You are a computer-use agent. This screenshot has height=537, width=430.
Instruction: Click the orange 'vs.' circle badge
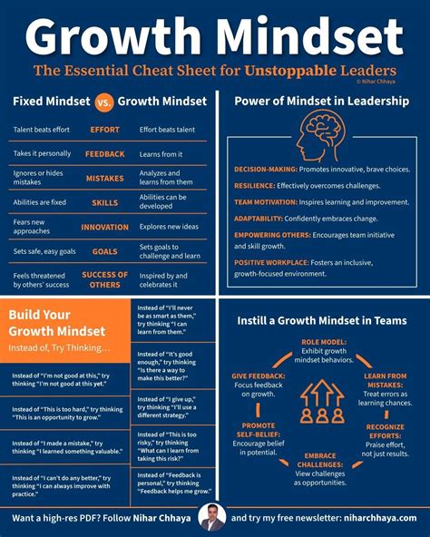tap(105, 102)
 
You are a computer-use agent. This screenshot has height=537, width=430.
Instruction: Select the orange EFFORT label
tap(104, 130)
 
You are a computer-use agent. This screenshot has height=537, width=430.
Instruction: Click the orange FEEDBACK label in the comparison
tap(104, 154)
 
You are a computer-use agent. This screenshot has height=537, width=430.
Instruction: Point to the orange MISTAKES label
tap(104, 178)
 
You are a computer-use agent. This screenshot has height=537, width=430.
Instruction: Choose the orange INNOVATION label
tap(104, 227)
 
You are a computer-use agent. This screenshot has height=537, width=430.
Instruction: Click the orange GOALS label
tap(104, 251)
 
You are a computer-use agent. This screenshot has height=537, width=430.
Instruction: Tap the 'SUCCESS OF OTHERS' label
tap(104, 279)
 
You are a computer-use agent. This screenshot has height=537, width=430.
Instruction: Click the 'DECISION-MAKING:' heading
tap(263, 170)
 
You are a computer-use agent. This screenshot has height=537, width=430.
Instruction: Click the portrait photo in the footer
tap(214, 517)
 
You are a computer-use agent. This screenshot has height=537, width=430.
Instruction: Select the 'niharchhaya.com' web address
tap(382, 518)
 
